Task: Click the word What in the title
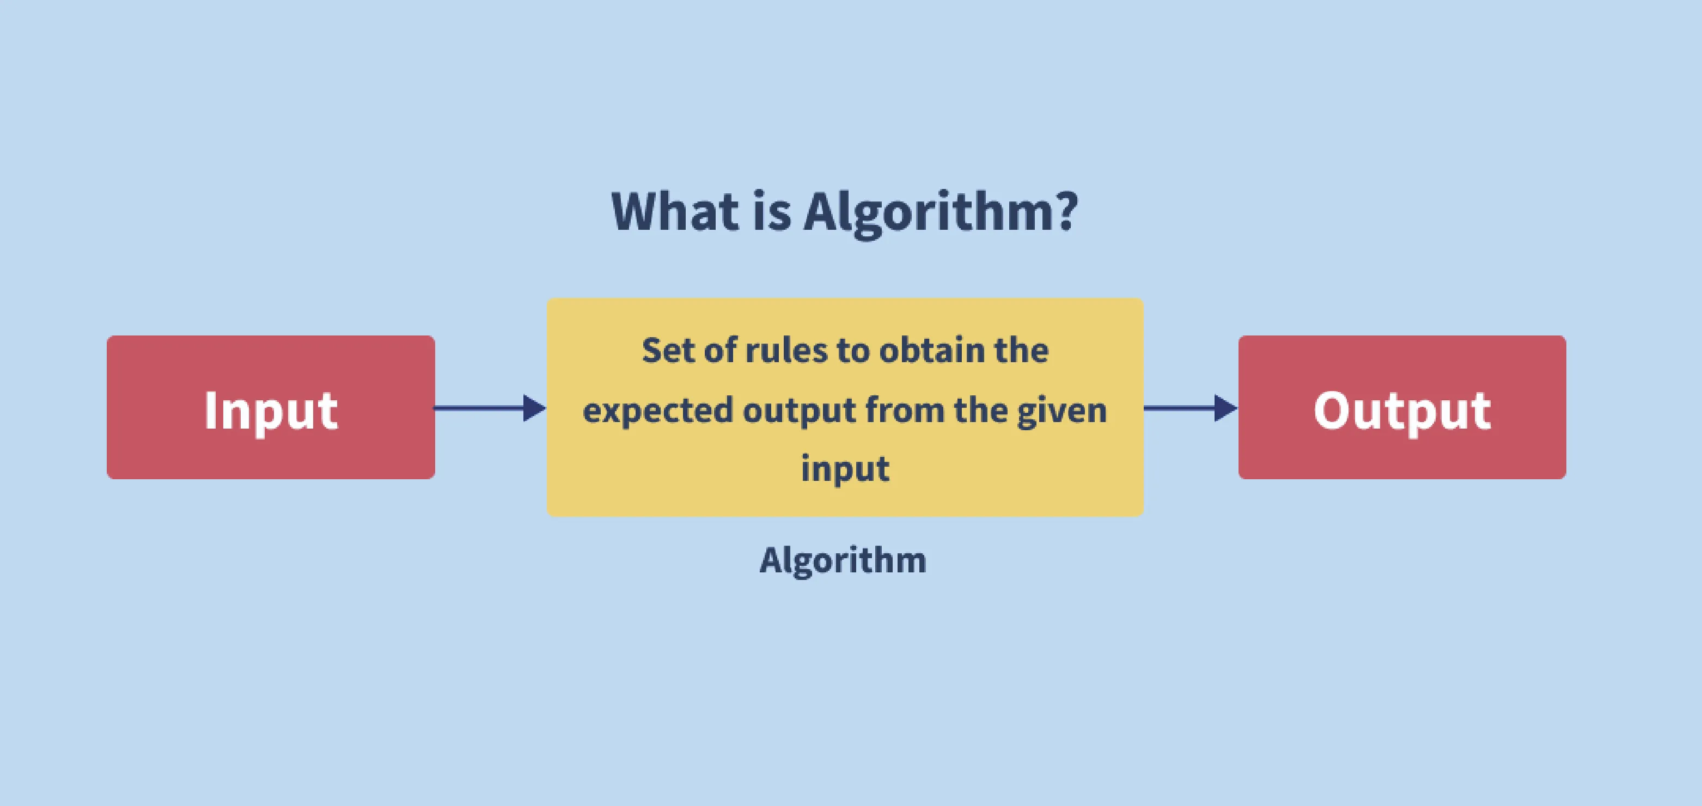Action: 675,211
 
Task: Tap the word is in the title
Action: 772,211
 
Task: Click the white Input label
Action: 271,411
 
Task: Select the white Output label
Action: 1402,411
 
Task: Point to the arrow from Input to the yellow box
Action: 490,408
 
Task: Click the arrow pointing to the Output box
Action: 1191,408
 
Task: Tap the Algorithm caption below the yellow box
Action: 843,561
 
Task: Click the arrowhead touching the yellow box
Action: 534,408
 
